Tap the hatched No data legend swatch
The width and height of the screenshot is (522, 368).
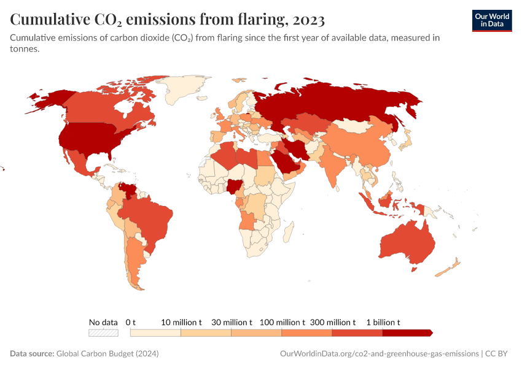[x=103, y=332]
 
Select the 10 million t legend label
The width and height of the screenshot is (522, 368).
[x=181, y=322]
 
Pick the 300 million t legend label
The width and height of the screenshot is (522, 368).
[x=332, y=322]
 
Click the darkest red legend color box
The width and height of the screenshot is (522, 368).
[x=407, y=332]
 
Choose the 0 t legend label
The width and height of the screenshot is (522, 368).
[x=130, y=322]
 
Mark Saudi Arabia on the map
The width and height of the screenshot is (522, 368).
[x=285, y=159]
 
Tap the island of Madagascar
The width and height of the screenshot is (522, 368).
[x=288, y=234]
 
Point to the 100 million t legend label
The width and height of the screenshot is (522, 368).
[x=282, y=322]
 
